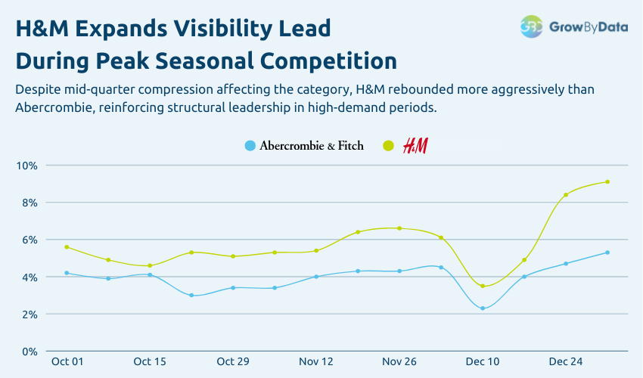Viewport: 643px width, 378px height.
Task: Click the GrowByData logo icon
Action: [x=531, y=26]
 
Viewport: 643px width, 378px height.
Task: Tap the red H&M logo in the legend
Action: [x=415, y=146]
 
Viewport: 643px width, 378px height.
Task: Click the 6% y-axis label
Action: [x=29, y=240]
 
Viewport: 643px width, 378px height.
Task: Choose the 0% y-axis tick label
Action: [x=29, y=352]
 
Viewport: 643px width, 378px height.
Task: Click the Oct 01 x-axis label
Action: [x=67, y=362]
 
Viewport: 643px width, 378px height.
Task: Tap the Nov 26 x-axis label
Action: [x=399, y=362]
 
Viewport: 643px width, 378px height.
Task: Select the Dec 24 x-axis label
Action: [x=566, y=362]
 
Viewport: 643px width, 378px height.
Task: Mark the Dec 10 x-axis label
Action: [x=483, y=362]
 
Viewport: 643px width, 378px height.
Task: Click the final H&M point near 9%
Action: [x=607, y=181]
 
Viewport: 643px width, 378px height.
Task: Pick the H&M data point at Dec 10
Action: [x=483, y=286]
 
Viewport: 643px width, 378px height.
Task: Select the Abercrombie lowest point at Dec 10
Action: [x=483, y=308]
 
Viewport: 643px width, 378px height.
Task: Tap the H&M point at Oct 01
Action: [x=67, y=247]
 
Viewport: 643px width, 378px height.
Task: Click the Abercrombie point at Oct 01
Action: [x=67, y=273]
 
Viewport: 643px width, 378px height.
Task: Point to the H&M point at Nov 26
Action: [x=399, y=228]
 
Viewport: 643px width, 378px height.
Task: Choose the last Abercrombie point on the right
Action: [x=607, y=253]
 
